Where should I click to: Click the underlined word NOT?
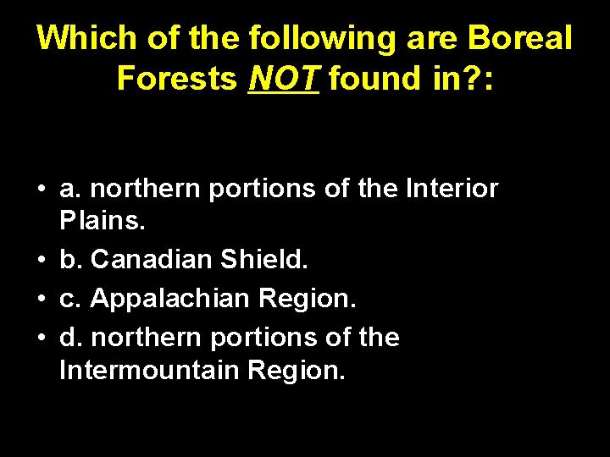pos(284,79)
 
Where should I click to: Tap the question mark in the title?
pos(470,79)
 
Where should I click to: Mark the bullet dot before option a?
pos(41,190)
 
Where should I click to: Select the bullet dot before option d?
pos(41,337)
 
